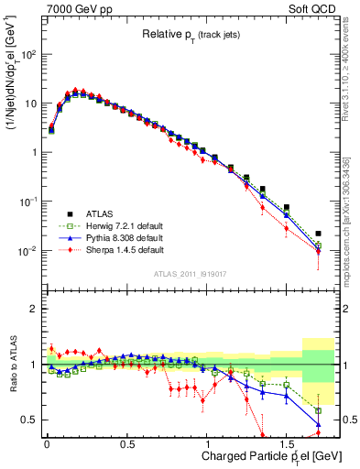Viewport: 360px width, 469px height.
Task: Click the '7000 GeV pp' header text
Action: click(72, 7)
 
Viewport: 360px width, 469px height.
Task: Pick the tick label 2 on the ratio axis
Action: click(31, 309)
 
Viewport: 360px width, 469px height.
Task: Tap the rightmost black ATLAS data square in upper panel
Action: click(318, 234)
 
